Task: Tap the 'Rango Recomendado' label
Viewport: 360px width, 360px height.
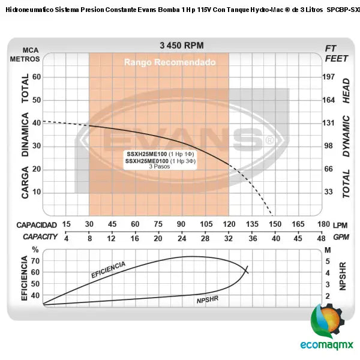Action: click(160, 62)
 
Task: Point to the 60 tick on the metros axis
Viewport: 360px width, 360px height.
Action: click(36, 77)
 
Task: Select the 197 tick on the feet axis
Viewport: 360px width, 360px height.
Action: click(328, 77)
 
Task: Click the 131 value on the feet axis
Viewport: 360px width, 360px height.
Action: click(328, 123)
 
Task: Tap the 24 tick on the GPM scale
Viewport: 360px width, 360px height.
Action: click(181, 237)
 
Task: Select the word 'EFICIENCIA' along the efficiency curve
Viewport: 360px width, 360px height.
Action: click(108, 269)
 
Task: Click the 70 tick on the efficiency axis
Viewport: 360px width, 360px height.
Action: click(35, 261)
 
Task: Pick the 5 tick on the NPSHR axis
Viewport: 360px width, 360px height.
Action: click(328, 261)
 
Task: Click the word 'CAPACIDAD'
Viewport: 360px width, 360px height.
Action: click(36, 224)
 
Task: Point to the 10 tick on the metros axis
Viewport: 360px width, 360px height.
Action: click(36, 192)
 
